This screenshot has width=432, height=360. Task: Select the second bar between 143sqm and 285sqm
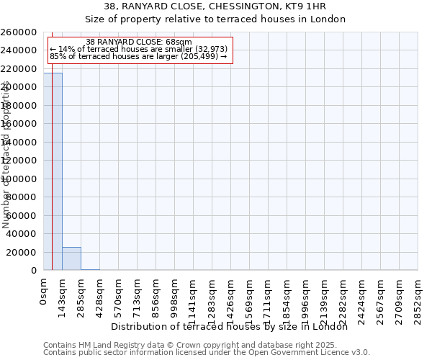click(x=71, y=258)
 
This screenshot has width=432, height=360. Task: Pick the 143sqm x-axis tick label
click(x=62, y=295)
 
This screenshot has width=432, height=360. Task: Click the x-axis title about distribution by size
click(x=230, y=327)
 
